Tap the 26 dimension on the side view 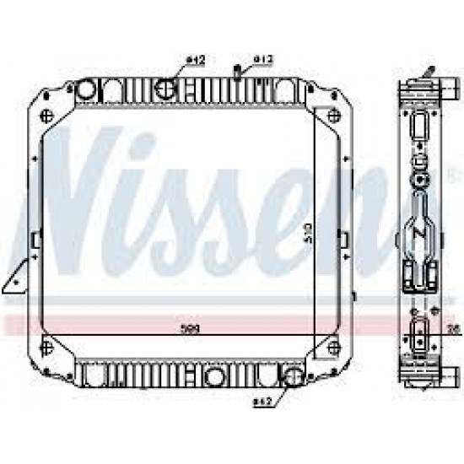click(450, 328)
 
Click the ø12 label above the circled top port click(195, 60)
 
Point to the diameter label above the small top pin click(264, 59)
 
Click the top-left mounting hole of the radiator click(47, 116)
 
